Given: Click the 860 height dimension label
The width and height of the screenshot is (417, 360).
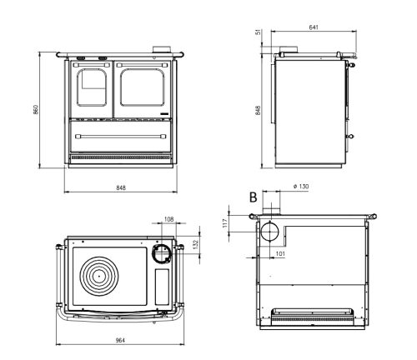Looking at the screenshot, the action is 36,109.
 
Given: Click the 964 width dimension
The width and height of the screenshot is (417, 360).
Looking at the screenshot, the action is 120,340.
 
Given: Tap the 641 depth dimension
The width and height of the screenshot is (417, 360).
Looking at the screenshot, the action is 314,27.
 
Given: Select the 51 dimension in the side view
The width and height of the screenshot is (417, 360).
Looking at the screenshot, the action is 259,32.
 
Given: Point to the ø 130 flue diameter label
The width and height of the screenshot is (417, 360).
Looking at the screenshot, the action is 301,186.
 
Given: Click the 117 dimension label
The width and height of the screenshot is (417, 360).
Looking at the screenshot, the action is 225,223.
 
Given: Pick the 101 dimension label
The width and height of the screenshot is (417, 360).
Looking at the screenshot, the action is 280,253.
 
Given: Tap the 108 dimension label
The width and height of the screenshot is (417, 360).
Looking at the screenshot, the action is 168,219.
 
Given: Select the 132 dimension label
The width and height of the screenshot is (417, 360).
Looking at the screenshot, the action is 195,244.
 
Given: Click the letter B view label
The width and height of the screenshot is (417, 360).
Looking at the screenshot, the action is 253,197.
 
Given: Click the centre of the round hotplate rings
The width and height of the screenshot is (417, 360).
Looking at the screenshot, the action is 98,276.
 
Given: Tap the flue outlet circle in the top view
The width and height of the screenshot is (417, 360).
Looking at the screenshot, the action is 162,253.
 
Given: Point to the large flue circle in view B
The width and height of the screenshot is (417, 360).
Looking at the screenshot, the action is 269,231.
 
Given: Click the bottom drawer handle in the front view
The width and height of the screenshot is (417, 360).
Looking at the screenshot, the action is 121,137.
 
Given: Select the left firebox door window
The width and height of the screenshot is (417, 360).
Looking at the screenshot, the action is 92,87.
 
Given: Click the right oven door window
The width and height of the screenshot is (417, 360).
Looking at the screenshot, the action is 143,87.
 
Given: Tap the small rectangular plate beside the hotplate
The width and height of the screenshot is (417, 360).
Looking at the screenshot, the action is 162,287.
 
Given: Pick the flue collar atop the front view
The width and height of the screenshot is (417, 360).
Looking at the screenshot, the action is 162,49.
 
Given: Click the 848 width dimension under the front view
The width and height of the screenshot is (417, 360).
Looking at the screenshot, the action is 121,187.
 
